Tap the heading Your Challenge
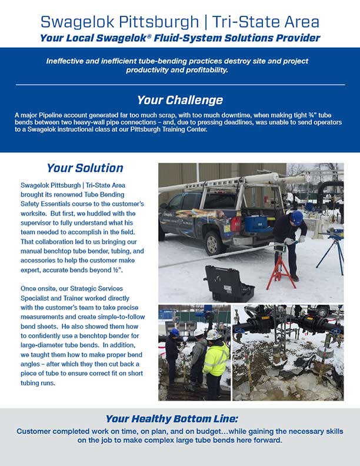[180, 99]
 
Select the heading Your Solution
[85, 168]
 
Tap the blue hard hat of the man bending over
[296, 216]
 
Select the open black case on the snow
[227, 283]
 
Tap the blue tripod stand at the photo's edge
[335, 247]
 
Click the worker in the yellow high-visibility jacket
[215, 362]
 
